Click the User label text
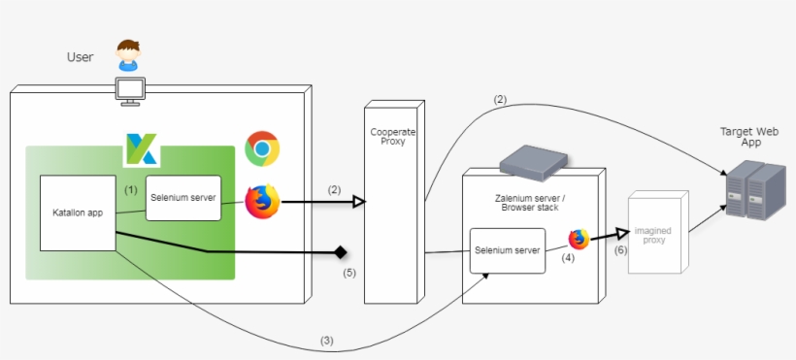click(80, 57)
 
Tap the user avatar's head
click(128, 49)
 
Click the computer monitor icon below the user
click(129, 89)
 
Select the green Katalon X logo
click(142, 149)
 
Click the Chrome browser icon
click(262, 148)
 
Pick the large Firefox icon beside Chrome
click(261, 201)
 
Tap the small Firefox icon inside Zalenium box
click(579, 239)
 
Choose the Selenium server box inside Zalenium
click(507, 251)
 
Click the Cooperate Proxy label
click(393, 136)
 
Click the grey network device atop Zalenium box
click(529, 160)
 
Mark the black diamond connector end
click(340, 253)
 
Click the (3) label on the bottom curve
click(327, 341)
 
